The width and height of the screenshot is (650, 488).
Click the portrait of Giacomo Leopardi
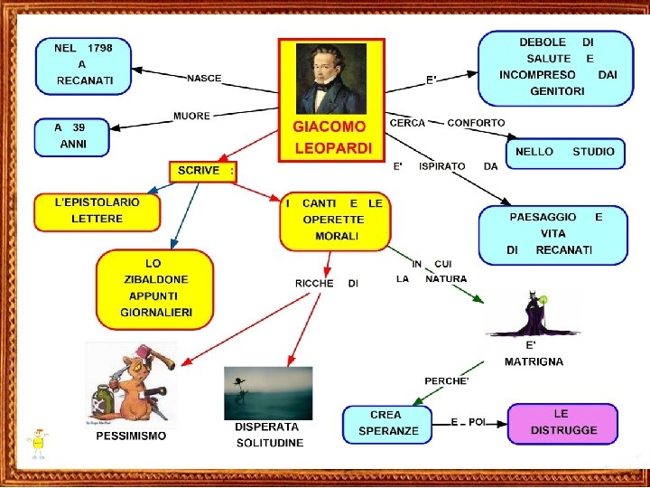[x=330, y=79]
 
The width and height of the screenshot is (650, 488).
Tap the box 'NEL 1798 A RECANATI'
[x=83, y=66]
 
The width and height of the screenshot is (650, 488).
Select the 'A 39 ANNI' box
[x=72, y=137]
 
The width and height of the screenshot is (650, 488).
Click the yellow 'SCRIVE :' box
[x=203, y=172]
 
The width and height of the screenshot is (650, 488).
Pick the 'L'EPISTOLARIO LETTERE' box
[x=97, y=212]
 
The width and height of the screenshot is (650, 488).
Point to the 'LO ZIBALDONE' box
[x=155, y=289]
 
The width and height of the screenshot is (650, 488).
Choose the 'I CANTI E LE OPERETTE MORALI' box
[x=335, y=221]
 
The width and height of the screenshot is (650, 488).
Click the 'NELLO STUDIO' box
[x=565, y=153]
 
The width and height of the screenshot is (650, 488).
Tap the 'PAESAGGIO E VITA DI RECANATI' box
[x=553, y=235]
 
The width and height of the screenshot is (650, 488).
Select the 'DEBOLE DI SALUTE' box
[x=555, y=68]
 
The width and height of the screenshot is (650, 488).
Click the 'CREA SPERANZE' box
[x=387, y=424]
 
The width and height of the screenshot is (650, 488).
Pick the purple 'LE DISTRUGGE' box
[x=562, y=423]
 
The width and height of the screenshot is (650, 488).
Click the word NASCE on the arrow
[x=204, y=79]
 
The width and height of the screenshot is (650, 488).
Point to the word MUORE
[x=191, y=116]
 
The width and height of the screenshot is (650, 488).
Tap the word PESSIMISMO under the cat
[x=131, y=436]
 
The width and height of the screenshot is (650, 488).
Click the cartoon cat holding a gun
[x=131, y=384]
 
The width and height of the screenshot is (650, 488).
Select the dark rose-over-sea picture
[x=268, y=393]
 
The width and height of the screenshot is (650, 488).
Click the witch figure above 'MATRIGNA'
[x=534, y=314]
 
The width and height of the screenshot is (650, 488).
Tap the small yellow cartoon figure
[x=38, y=444]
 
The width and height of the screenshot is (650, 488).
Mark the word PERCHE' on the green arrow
[x=447, y=381]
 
